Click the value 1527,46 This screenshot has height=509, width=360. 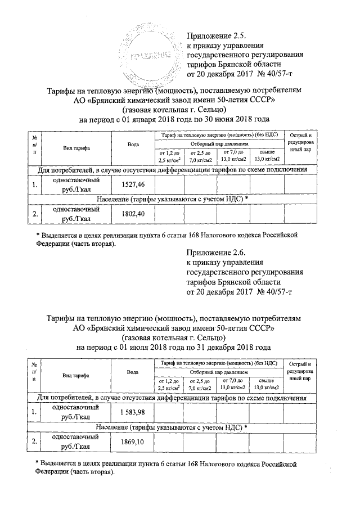click(133, 184)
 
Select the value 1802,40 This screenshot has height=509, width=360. click(133, 214)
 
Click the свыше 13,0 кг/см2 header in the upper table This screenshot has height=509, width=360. click(267, 156)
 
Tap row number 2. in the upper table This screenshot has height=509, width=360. click(35, 214)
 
